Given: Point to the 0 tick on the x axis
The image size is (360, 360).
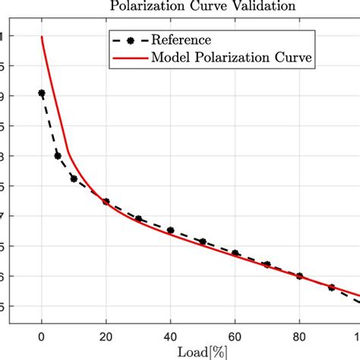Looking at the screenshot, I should [42, 336].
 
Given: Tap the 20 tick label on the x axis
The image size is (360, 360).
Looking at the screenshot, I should [106, 336].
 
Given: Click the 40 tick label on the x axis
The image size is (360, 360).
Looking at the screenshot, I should [171, 336].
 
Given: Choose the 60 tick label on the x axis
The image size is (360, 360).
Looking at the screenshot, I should [235, 336].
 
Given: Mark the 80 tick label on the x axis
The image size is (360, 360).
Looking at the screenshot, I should [300, 336].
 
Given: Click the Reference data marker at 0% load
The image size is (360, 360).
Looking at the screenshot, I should [42, 93].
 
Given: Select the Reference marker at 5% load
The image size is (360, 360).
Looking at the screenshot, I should [58, 156].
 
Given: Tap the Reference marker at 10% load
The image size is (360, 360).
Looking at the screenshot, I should [74, 178].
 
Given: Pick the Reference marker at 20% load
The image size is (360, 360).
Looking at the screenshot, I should [106, 202].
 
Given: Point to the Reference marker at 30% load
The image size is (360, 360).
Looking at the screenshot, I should [139, 219].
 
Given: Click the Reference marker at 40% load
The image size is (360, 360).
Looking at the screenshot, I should [171, 230].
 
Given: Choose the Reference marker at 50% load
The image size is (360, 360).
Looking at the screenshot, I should [203, 242].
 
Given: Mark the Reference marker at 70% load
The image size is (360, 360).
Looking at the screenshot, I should [267, 264].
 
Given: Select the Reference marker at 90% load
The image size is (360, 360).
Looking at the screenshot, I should [332, 288].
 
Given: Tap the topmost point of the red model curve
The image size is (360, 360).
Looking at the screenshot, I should [42, 36].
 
